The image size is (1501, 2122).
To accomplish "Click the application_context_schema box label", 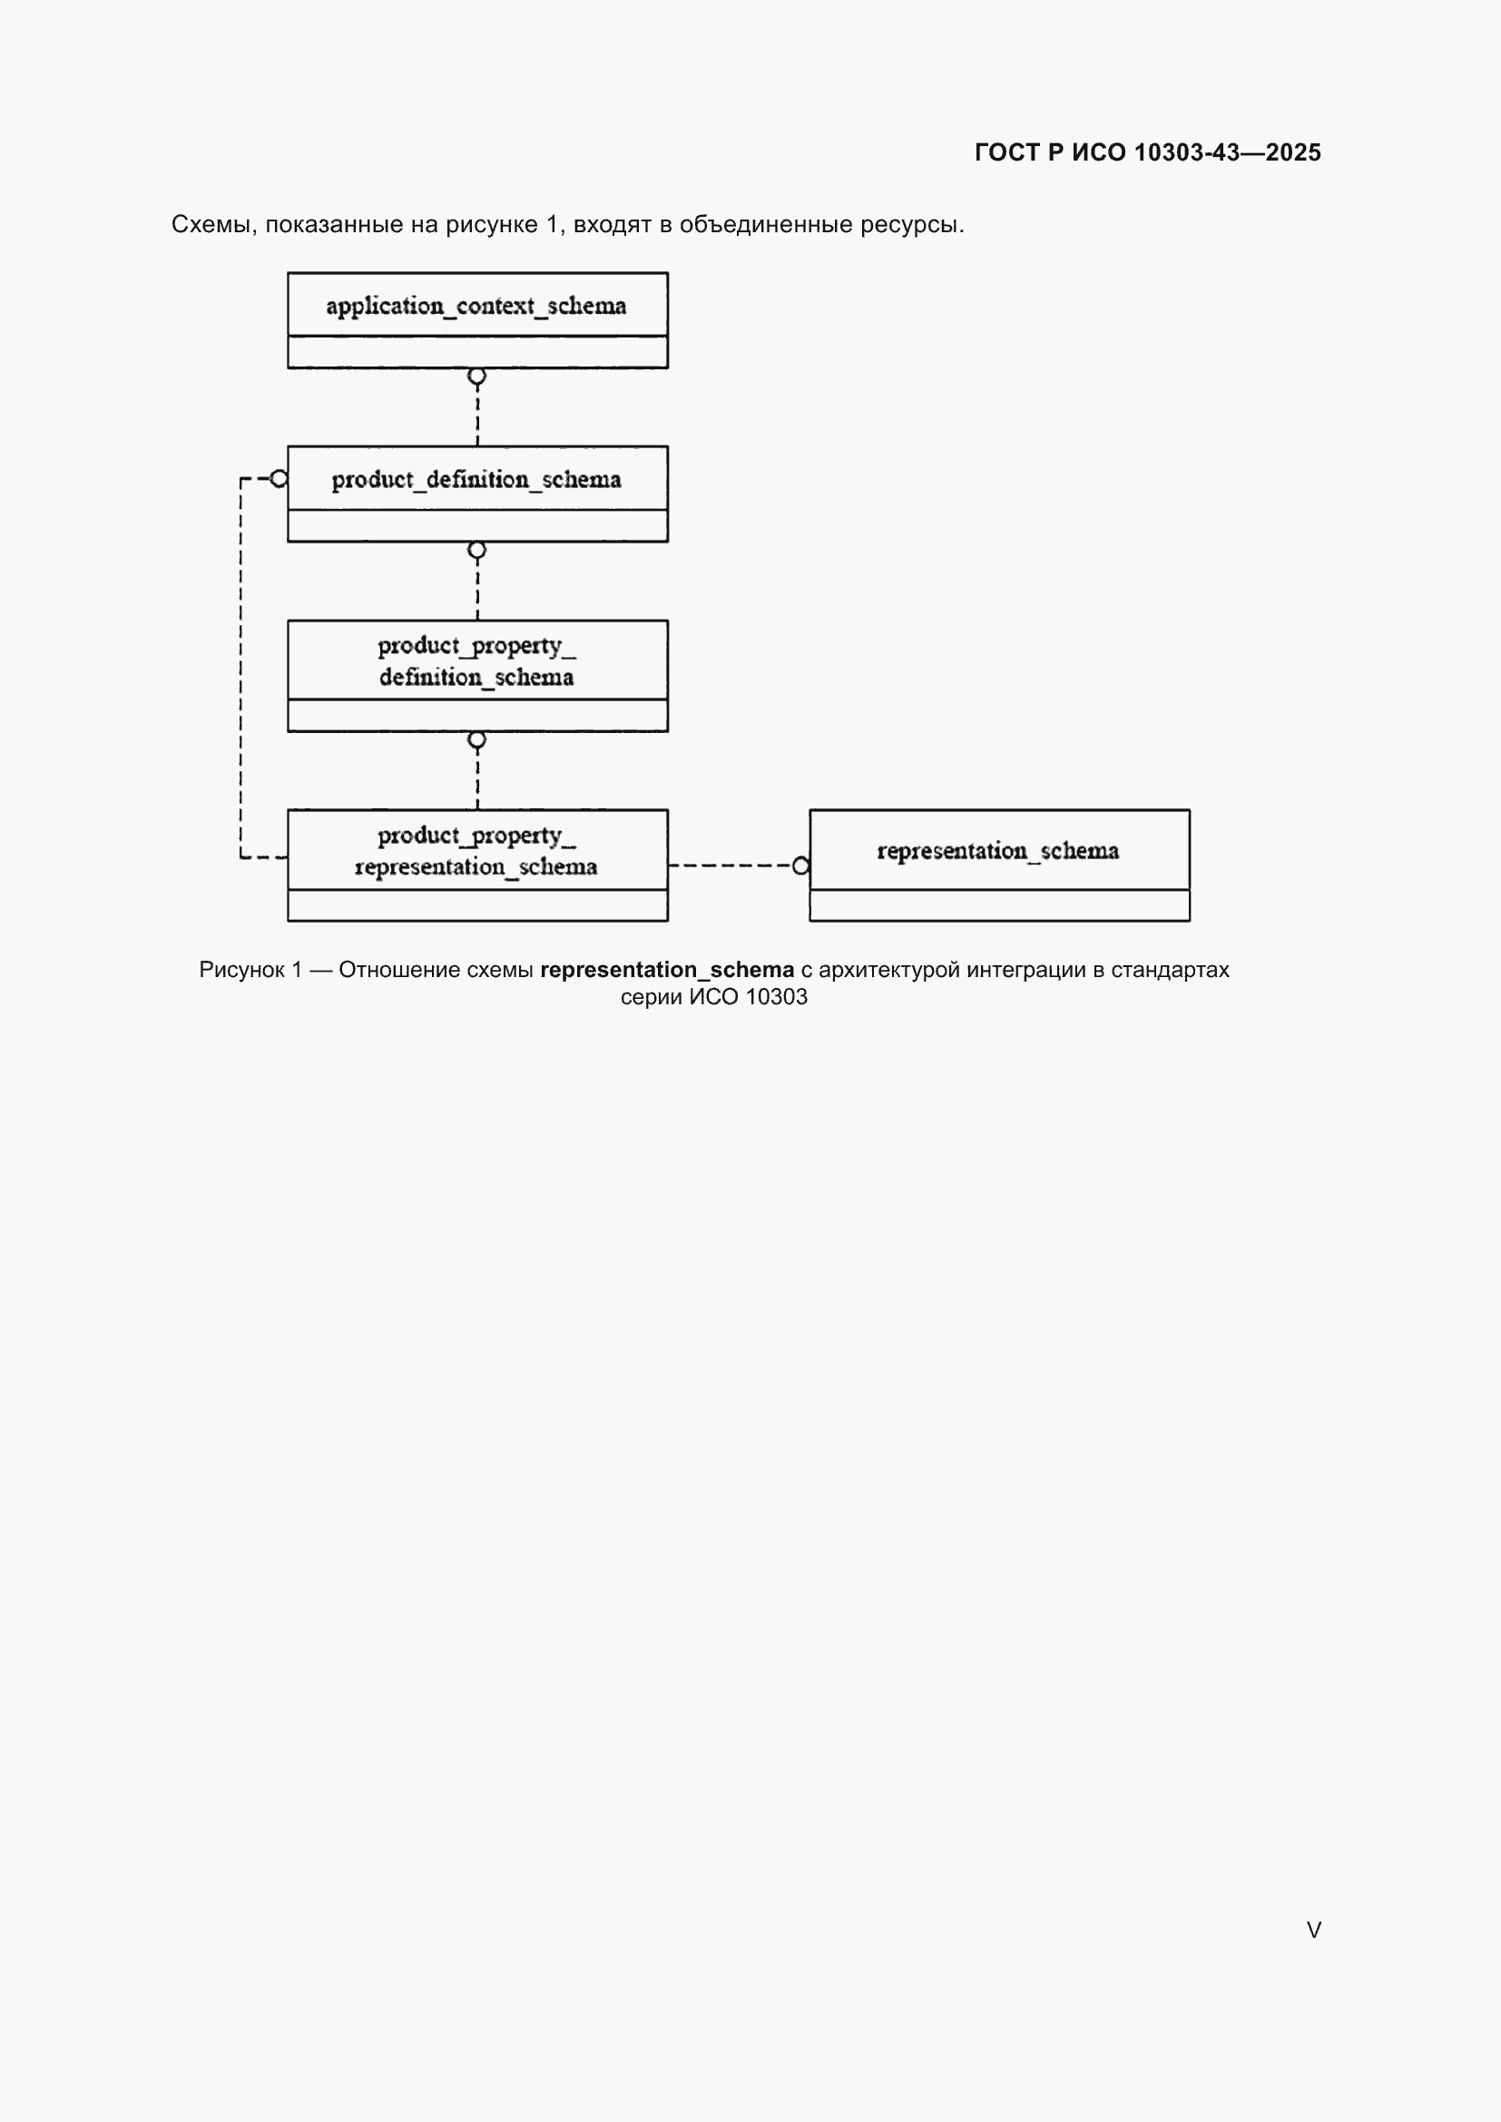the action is [x=476, y=306].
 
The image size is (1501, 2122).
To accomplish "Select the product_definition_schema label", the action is [x=476, y=480].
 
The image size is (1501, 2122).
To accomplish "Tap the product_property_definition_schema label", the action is [x=476, y=661].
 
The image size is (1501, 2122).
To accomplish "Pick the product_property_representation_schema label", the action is [x=476, y=851].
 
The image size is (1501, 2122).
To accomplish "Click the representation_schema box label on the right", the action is [x=998, y=851].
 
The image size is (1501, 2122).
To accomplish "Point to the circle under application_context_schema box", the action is [x=477, y=377].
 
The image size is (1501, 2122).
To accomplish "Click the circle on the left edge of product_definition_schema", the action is [x=280, y=479].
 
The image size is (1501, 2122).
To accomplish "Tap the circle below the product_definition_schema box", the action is [x=477, y=551].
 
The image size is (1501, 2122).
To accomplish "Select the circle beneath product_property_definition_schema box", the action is [x=477, y=740].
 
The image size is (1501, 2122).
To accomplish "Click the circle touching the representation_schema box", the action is [x=801, y=866].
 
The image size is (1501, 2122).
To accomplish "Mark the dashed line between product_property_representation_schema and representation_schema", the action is [x=731, y=866].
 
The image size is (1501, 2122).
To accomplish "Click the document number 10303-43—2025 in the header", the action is [x=1228, y=152].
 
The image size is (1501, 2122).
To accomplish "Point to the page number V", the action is [x=1313, y=1930].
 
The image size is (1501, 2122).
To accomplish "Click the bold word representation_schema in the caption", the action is [x=667, y=970].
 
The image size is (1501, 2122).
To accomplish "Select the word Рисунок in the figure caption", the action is [x=242, y=971].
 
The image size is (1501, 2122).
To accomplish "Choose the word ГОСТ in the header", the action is [x=1007, y=152].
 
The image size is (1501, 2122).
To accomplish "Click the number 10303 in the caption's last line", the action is [x=777, y=997].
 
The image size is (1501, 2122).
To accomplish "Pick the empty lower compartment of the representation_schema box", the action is [x=999, y=905].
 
